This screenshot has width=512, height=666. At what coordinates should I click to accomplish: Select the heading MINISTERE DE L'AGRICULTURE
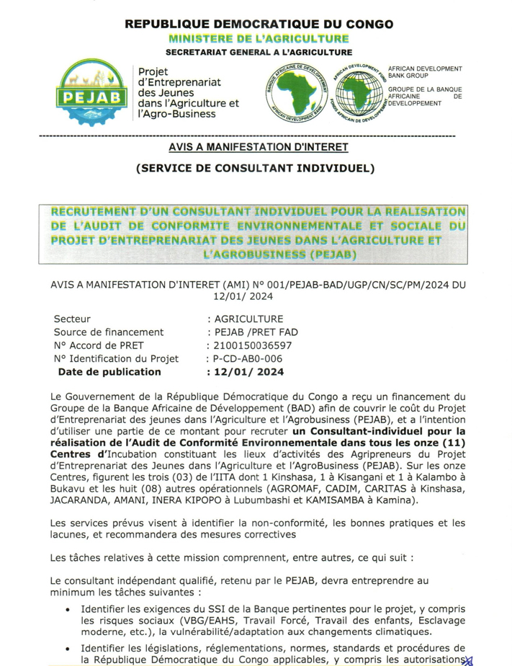pyautogui.click(x=259, y=38)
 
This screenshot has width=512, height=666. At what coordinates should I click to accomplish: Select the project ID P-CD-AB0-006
pyautogui.click(x=244, y=359)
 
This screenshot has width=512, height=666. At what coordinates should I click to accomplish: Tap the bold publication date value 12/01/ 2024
pyautogui.click(x=245, y=372)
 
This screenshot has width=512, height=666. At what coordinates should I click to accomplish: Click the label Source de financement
pyautogui.click(x=109, y=332)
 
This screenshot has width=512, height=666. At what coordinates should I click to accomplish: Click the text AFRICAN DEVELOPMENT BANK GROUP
pyautogui.click(x=425, y=71)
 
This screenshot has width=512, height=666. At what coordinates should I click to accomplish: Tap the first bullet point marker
pyautogui.click(x=67, y=609)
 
